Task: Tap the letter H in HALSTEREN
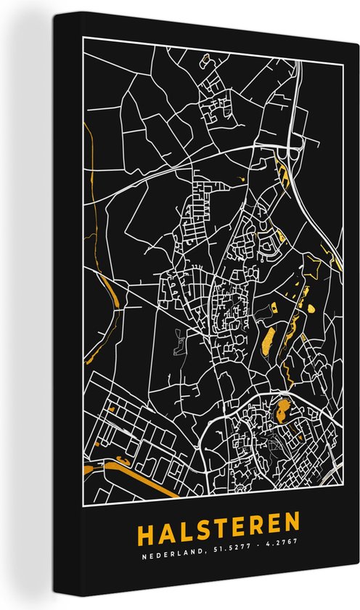click(145, 522)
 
